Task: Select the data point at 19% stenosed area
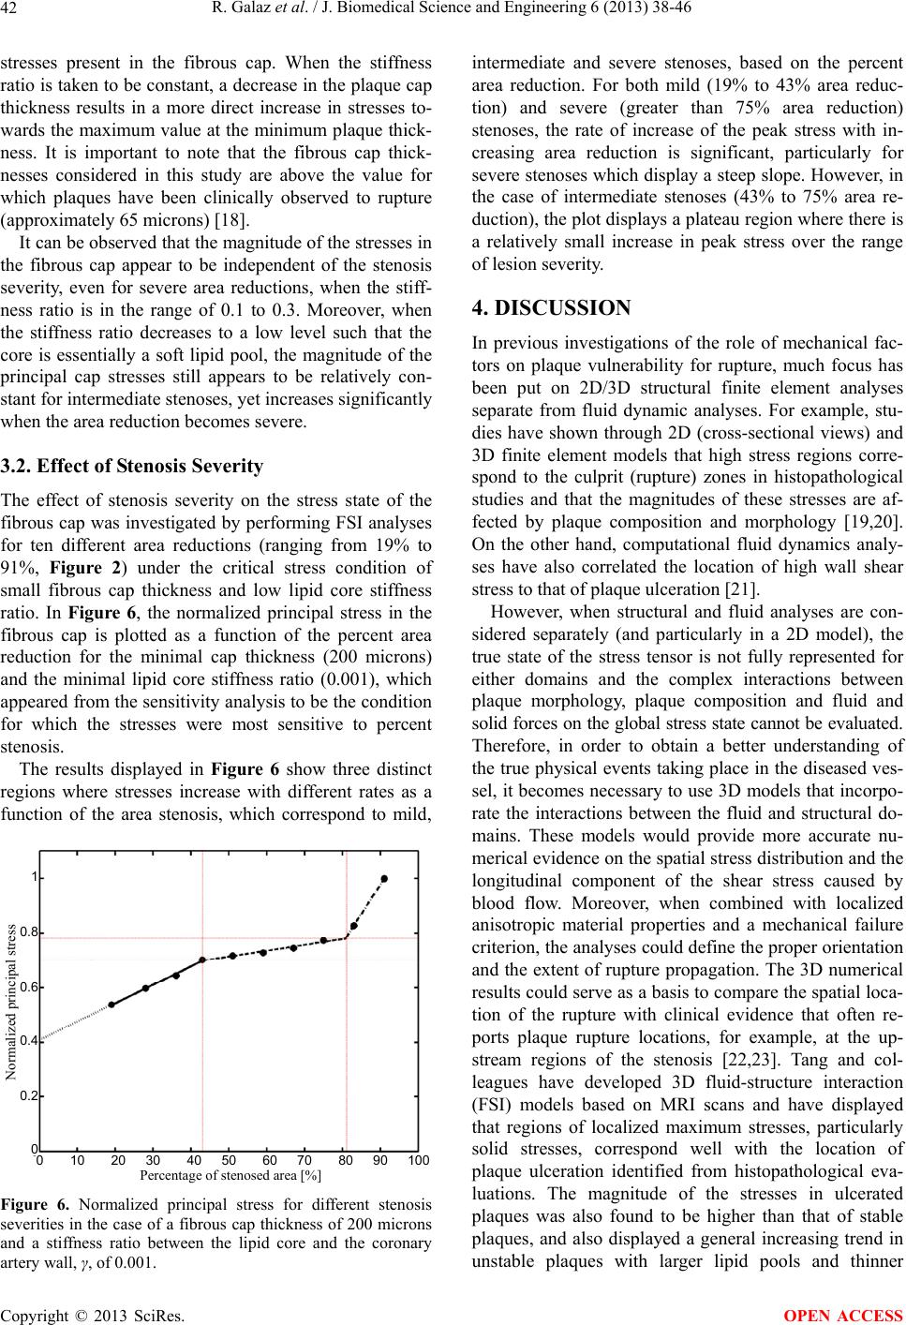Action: [112, 1005]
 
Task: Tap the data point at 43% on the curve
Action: [202, 960]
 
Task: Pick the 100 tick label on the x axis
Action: [418, 1161]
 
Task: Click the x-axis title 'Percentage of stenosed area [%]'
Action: [230, 1175]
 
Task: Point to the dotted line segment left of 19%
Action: [75, 1022]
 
